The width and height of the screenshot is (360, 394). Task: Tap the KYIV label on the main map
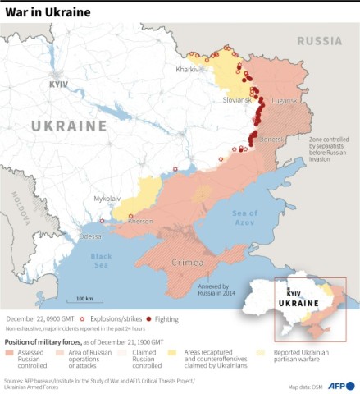[x=58, y=85]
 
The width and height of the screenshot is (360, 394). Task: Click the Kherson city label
[x=140, y=221]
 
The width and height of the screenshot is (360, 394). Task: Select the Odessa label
[x=91, y=236]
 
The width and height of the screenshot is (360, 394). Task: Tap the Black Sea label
[x=101, y=261]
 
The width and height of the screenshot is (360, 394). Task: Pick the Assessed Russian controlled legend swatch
[x=15, y=352]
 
